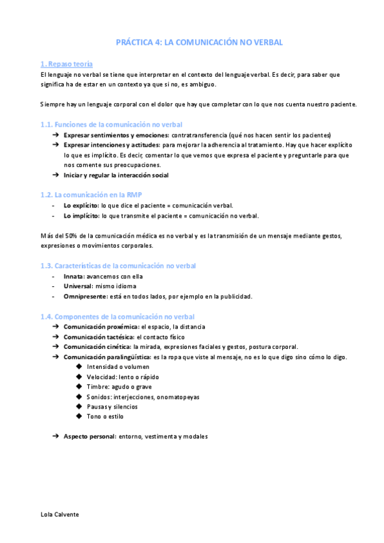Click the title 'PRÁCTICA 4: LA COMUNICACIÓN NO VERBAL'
coord(199,42)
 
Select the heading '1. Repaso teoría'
coord(66,64)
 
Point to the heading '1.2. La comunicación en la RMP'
coord(86,194)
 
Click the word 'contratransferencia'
coord(202,135)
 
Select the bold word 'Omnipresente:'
coord(85,296)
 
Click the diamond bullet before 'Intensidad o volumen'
coord(79,366)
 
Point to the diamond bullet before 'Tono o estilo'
coord(79,416)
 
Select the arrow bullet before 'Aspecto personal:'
coord(56,436)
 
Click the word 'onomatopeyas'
coord(180,397)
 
